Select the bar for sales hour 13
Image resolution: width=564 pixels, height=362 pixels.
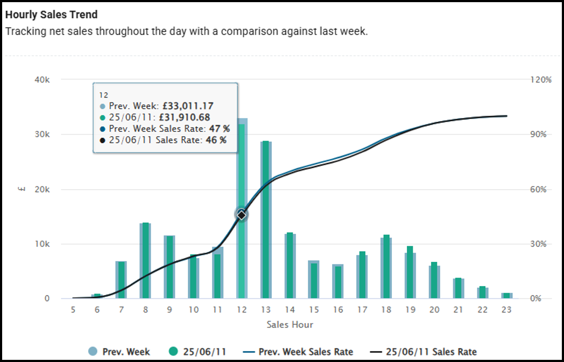[x=266, y=221]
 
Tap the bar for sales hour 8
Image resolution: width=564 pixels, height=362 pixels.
[x=145, y=261]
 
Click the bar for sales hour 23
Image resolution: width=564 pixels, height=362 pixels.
[x=507, y=296]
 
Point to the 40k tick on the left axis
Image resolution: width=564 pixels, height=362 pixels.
[x=41, y=80]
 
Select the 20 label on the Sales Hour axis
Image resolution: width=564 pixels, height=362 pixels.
[x=434, y=310]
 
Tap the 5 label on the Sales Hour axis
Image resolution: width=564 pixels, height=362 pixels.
[x=73, y=310]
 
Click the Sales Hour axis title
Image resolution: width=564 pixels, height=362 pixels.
[x=290, y=325]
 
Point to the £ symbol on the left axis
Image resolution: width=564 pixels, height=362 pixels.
[x=19, y=189]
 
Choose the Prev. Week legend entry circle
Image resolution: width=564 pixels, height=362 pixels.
[x=94, y=352]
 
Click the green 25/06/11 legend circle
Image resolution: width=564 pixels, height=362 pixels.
[x=173, y=352]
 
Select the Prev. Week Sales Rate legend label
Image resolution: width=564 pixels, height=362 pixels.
[x=306, y=352]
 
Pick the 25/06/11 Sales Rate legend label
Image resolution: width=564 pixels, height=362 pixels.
[x=431, y=352]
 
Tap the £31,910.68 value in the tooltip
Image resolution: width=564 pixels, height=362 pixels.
[x=184, y=117]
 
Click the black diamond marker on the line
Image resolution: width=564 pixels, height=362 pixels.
[x=242, y=215]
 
